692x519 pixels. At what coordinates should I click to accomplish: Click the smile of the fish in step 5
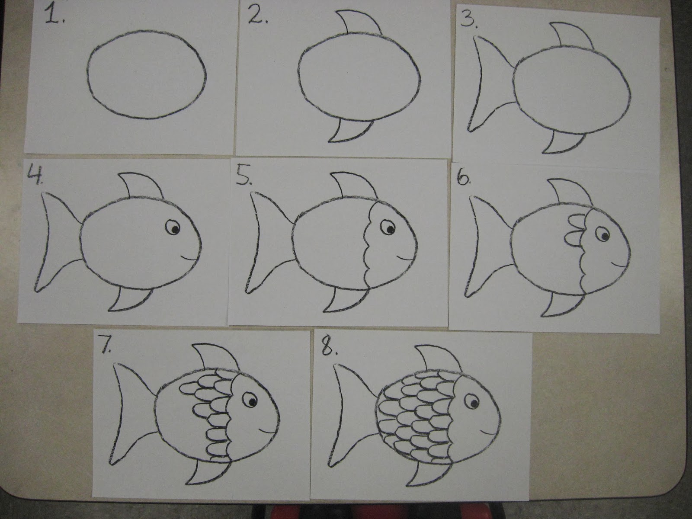pyautogui.click(x=404, y=258)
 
